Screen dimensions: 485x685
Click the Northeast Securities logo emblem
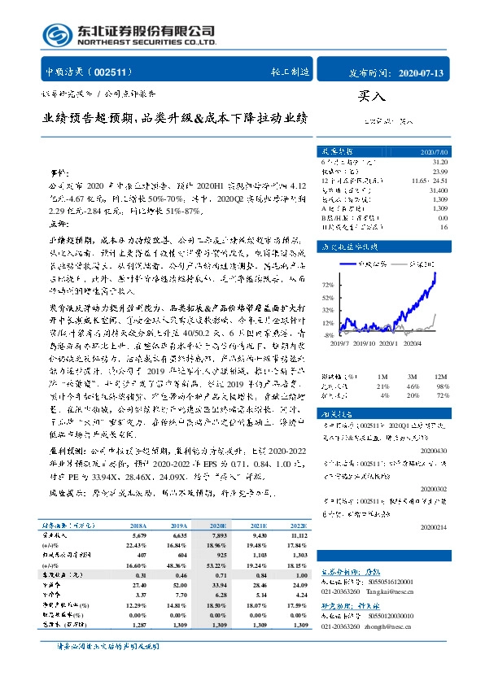58,34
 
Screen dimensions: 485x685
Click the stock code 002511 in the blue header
115,72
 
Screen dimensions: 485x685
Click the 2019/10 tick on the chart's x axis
362,344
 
